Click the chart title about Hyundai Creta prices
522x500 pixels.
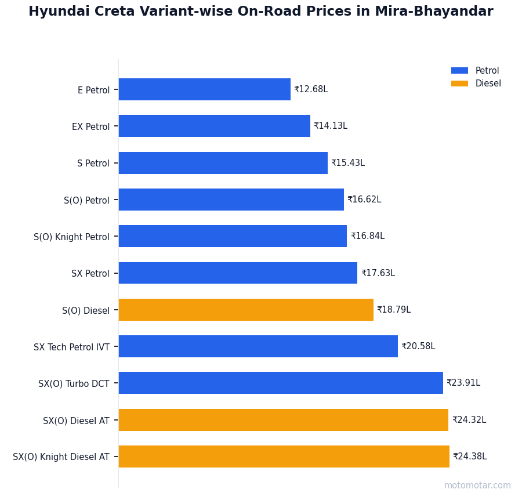[x=260, y=12]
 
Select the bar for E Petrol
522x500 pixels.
[x=204, y=89]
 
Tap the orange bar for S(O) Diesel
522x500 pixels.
[x=246, y=310]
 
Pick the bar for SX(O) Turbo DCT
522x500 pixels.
[x=281, y=383]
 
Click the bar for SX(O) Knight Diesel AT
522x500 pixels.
[x=284, y=456]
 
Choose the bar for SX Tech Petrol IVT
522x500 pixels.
[x=258, y=346]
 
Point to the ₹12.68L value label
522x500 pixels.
[x=311, y=89]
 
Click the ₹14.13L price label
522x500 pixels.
[x=331, y=126]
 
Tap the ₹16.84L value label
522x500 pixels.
[x=368, y=236]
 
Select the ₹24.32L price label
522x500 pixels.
[x=469, y=420]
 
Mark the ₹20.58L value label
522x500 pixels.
[x=418, y=346]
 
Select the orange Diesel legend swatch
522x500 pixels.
[x=459, y=84]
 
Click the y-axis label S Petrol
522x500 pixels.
[x=93, y=164]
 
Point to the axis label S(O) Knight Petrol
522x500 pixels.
[x=71, y=237]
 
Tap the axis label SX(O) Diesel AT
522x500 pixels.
[x=76, y=421]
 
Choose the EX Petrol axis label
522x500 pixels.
[x=90, y=126]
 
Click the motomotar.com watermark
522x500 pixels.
[x=477, y=485]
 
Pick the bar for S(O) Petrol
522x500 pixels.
[x=231, y=200]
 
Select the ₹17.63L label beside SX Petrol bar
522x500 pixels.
[x=378, y=273]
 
